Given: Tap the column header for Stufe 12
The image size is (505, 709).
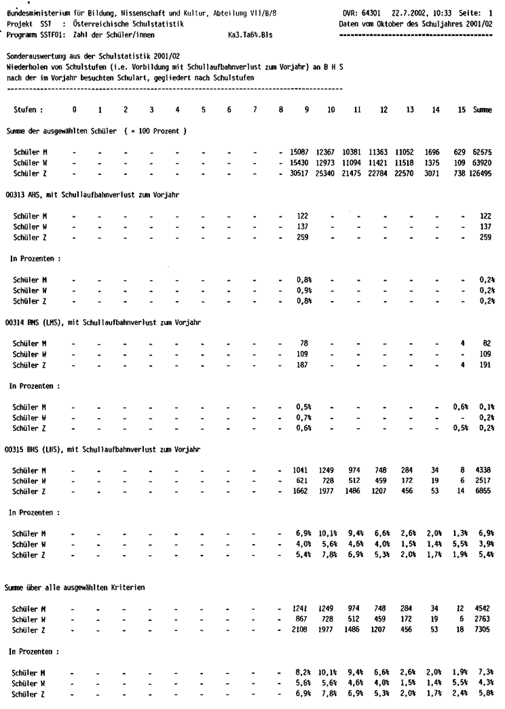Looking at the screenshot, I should pyautogui.click(x=384, y=109).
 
